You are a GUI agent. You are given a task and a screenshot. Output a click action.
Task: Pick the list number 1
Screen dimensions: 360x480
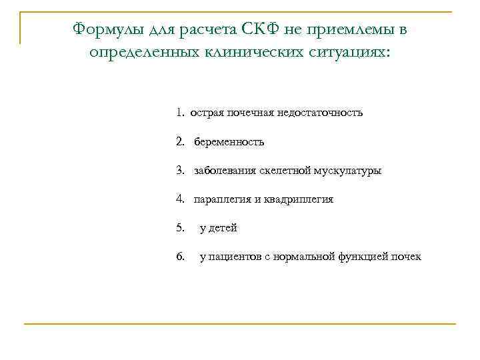(x=181, y=113)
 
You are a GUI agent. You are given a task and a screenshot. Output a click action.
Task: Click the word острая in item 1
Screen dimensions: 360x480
(x=205, y=113)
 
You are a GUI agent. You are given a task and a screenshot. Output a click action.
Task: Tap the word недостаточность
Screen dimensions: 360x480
(x=322, y=113)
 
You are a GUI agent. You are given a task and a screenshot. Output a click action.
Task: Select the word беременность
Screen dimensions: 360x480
(x=229, y=141)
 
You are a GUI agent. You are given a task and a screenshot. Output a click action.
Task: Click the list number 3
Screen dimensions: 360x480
(x=181, y=171)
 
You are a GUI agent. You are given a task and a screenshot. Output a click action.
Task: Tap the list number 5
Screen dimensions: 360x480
(x=181, y=228)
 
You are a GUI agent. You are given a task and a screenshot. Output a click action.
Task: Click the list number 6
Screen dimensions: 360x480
(x=181, y=257)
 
